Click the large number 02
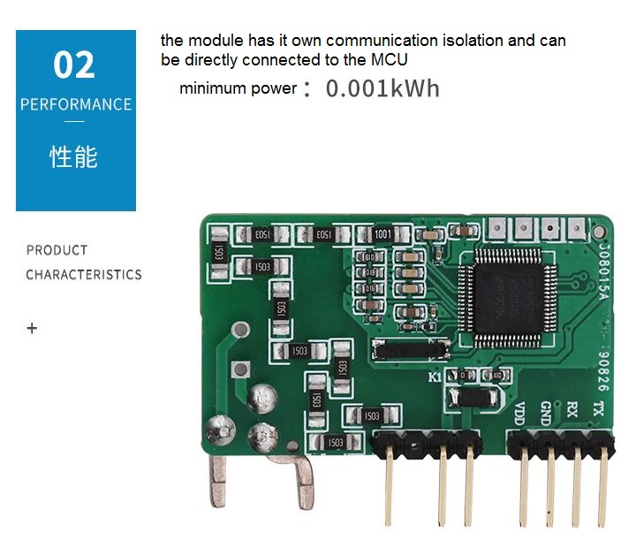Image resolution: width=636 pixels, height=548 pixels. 75,65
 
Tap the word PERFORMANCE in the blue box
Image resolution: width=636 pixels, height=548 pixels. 76,104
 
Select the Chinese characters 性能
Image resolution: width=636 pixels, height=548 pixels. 74,157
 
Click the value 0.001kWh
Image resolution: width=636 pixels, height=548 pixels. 382,88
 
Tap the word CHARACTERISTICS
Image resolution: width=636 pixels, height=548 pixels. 84,275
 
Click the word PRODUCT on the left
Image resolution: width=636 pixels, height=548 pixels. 57,250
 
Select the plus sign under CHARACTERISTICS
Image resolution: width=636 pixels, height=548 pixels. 33,328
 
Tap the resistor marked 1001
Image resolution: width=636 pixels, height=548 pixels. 382,235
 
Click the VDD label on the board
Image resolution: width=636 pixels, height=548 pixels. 520,412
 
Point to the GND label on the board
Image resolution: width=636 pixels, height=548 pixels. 546,412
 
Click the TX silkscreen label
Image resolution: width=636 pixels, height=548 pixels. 598,409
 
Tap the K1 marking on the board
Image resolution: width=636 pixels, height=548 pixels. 435,377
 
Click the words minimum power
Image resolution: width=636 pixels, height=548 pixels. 238,88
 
